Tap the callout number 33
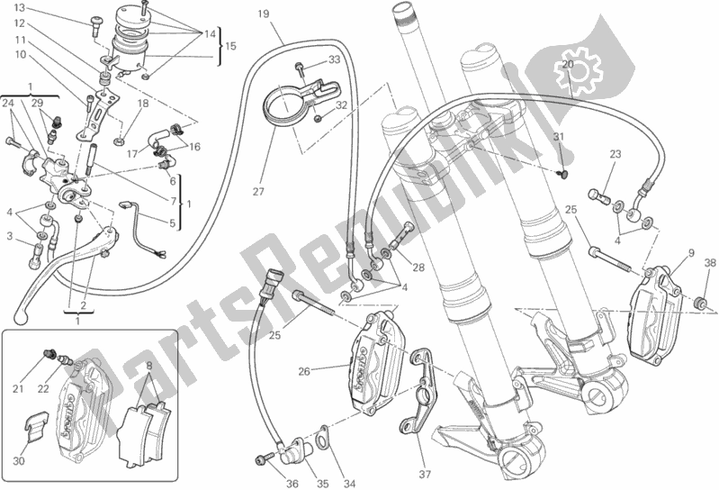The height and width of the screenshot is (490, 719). click(334, 60)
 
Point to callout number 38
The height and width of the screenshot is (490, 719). click(709, 264)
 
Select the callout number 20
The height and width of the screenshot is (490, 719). click(567, 64)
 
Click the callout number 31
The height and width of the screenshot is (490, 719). click(558, 136)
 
